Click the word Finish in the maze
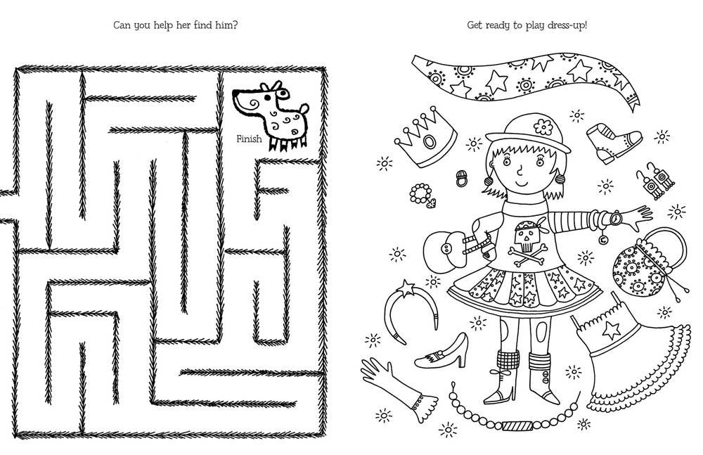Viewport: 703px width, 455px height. pyautogui.click(x=249, y=139)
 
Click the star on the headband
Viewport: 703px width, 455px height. pyautogui.click(x=406, y=287)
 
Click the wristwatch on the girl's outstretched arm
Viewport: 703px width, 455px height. pyautogui.click(x=614, y=219)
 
